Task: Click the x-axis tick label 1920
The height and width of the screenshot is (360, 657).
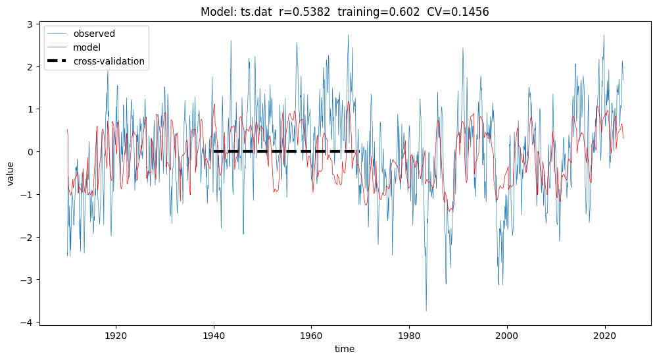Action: click(116, 334)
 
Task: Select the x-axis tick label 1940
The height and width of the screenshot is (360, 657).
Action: click(214, 334)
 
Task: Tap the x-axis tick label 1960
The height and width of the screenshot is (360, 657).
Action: click(311, 334)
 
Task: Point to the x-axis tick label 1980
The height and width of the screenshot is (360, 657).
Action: click(409, 334)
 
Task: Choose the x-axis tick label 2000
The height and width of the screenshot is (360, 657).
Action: click(507, 334)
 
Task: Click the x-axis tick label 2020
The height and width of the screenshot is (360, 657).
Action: click(604, 334)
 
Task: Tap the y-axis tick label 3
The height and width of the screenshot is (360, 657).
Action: click(31, 24)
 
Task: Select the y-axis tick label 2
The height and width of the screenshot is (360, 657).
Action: click(31, 66)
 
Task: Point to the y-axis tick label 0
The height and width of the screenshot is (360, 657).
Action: click(31, 151)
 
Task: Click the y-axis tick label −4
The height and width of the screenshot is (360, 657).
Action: click(28, 322)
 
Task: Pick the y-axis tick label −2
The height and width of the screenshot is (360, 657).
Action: click(28, 237)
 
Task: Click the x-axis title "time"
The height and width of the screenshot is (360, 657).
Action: click(344, 349)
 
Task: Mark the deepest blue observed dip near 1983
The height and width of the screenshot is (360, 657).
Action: click(426, 310)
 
